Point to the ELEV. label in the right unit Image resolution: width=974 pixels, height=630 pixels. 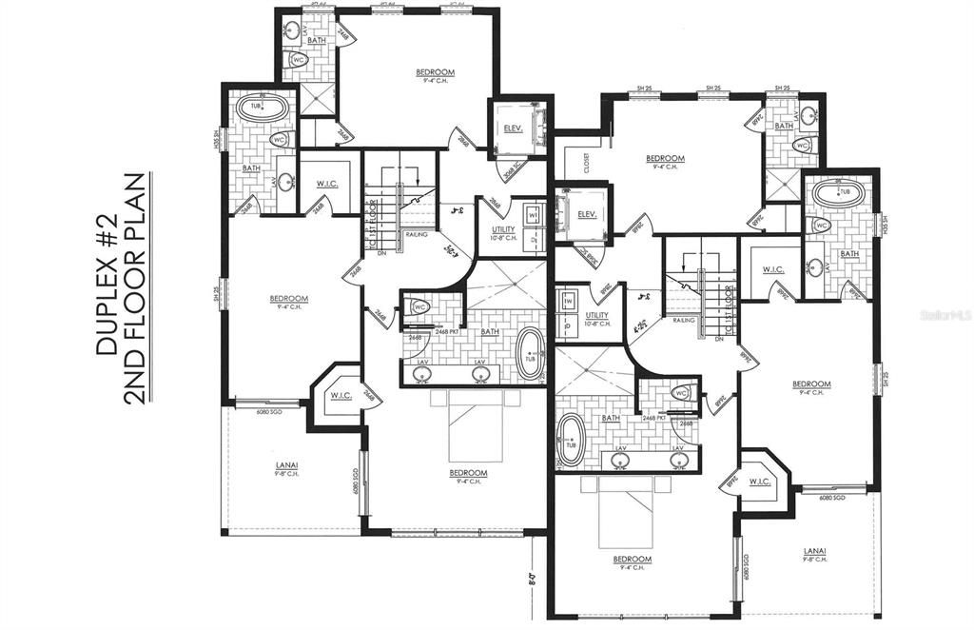587,214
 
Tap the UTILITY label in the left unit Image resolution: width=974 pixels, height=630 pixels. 504,230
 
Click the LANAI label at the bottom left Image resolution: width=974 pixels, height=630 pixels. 284,466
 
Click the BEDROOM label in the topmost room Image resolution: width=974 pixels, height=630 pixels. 436,72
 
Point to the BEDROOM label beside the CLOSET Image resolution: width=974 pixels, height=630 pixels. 665,159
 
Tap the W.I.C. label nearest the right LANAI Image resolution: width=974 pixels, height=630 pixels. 760,480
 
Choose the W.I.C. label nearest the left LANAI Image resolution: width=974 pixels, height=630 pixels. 340,395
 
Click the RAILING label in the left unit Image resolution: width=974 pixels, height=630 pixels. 418,231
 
